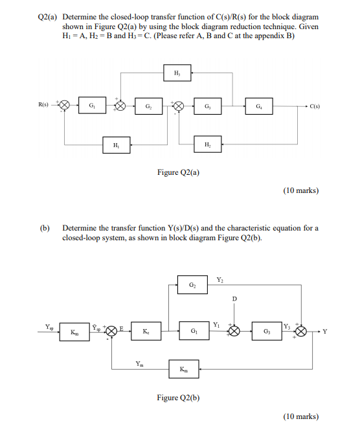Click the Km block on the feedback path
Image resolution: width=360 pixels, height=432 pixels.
(x=183, y=370)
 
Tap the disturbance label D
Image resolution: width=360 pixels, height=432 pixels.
(x=234, y=298)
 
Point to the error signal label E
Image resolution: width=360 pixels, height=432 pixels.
(x=121, y=328)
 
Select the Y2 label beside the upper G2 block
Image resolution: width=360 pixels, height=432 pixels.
(x=219, y=279)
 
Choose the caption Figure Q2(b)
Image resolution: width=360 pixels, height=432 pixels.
(x=178, y=397)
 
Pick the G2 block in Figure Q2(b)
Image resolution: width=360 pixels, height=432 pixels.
(x=192, y=285)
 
